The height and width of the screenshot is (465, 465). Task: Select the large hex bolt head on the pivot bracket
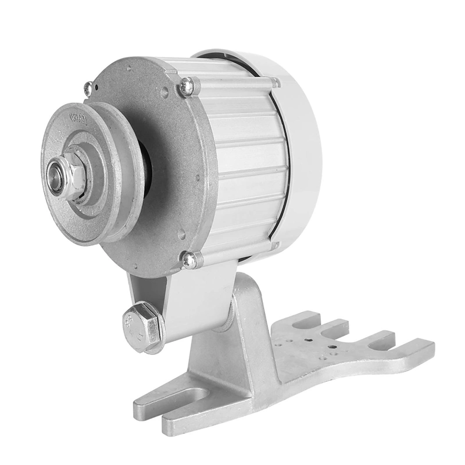coord(138,323)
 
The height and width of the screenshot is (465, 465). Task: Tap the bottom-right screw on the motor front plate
coord(189,260)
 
